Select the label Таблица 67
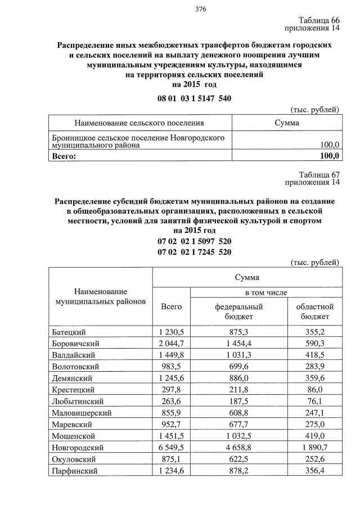click(x=319, y=174)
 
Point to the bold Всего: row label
click(x=64, y=156)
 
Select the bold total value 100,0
click(x=329, y=156)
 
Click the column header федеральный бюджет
click(x=239, y=312)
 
